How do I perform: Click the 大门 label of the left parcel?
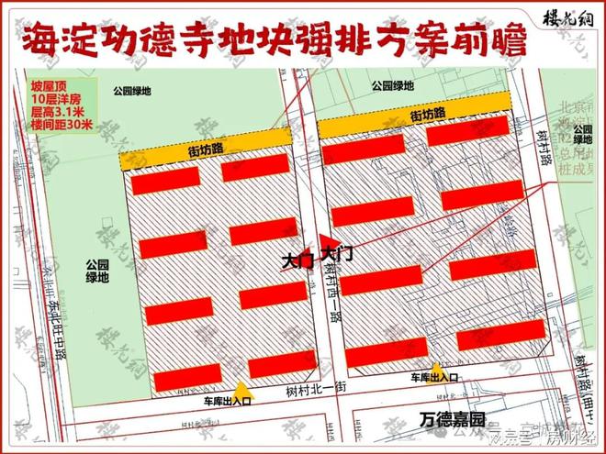[x=297, y=261]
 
